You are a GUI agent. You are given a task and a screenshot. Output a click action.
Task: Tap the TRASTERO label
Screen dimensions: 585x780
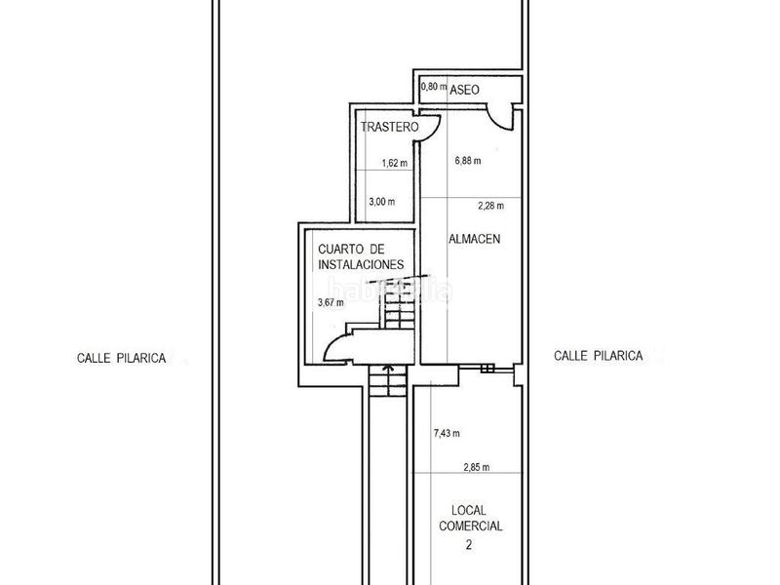click(x=388, y=128)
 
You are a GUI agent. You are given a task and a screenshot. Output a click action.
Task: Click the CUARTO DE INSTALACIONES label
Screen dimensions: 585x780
click(x=359, y=257)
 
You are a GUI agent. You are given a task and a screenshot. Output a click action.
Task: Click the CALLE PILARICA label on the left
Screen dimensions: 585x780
click(x=122, y=358)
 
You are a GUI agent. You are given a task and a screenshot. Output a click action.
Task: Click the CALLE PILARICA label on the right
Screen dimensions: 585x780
click(x=598, y=357)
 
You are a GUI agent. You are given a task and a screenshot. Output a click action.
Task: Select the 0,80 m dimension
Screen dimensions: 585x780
click(x=433, y=87)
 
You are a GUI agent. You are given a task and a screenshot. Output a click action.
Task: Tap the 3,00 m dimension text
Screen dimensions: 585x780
click(x=382, y=202)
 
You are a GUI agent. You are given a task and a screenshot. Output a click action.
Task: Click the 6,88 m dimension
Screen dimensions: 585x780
click(x=467, y=161)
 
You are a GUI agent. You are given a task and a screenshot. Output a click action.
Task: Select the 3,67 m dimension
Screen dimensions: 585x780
click(x=331, y=302)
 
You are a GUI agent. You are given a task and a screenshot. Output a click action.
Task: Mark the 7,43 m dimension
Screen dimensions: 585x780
click(x=446, y=433)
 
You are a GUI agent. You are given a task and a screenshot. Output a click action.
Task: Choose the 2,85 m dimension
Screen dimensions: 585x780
click(x=476, y=466)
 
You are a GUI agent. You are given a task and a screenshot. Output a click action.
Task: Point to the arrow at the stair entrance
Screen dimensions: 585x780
click(x=389, y=370)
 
